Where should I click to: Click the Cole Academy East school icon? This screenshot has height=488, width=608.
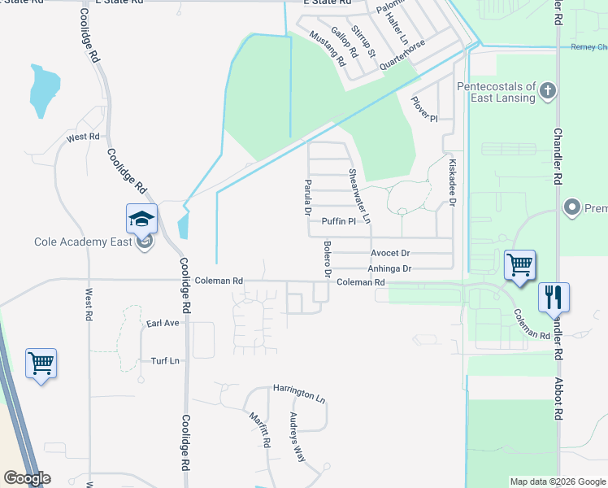141,220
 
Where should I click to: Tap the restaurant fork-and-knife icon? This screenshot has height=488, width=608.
554,298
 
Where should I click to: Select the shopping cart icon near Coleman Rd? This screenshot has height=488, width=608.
519,265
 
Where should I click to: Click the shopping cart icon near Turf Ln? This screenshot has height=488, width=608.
41,364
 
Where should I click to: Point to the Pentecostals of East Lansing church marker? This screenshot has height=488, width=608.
548,90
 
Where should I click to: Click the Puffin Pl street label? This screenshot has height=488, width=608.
339,221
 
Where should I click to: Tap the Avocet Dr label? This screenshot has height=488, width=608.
391,253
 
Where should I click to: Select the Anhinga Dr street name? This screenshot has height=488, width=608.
389,268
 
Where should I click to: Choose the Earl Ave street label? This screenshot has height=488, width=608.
163,323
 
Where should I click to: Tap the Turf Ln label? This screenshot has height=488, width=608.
164,360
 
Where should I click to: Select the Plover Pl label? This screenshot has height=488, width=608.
424,107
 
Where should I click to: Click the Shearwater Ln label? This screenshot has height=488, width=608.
359,196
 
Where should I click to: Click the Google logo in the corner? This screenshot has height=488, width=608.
27,478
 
